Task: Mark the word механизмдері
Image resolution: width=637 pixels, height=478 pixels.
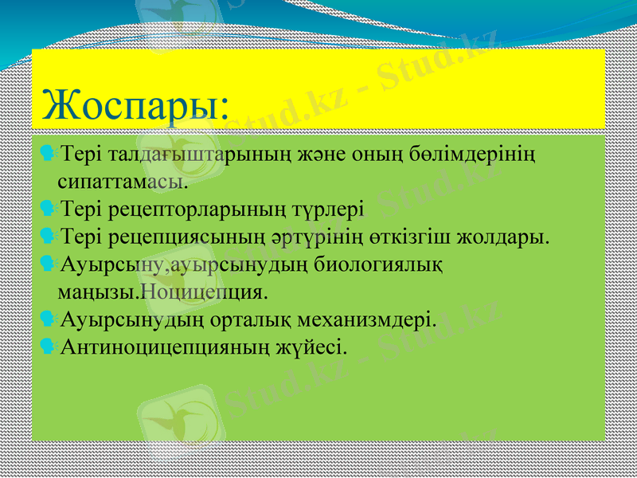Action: click(369, 319)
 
